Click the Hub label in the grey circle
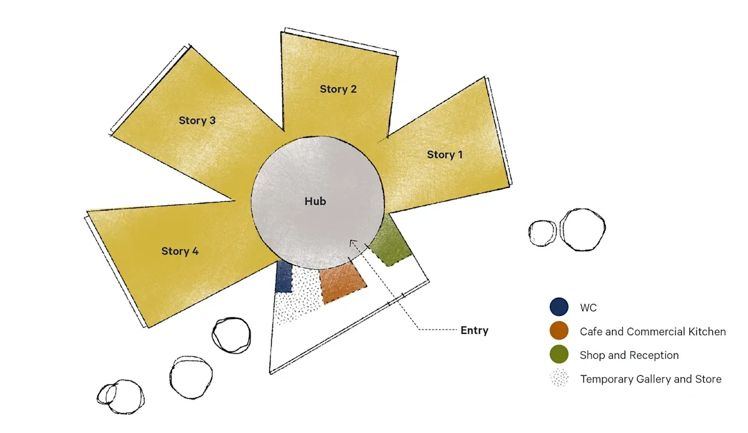(x=315, y=201)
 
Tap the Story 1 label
(x=444, y=155)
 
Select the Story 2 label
(x=338, y=89)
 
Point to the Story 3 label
(x=197, y=120)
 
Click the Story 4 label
(x=180, y=251)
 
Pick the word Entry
(x=474, y=330)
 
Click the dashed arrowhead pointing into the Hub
(x=352, y=242)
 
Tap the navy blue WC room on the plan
(x=284, y=277)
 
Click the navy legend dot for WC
(x=559, y=307)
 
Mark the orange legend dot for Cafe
(x=559, y=331)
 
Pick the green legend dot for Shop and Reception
(x=559, y=354)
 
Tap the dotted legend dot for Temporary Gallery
(x=559, y=378)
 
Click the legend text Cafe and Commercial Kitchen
(x=653, y=331)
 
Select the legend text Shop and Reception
(x=629, y=355)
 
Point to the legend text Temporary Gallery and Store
(x=650, y=379)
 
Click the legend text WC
(x=588, y=308)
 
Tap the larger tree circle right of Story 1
(x=582, y=229)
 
